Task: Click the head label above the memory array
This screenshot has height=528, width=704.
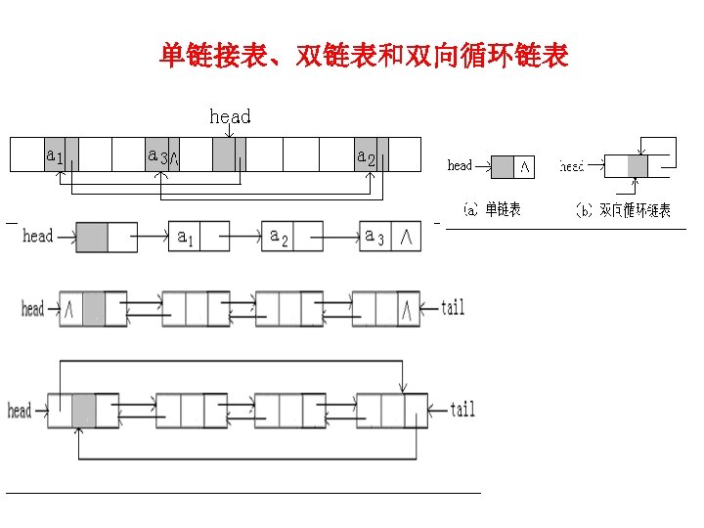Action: click(x=230, y=116)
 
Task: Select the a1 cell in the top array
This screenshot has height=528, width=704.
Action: click(x=56, y=154)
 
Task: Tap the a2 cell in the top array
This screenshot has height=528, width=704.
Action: click(x=367, y=154)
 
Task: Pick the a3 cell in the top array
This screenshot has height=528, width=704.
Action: click(x=157, y=154)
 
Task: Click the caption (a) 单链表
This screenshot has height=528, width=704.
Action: click(x=492, y=209)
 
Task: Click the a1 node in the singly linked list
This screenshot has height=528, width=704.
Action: click(x=186, y=237)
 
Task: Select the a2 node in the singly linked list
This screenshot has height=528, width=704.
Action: click(x=280, y=237)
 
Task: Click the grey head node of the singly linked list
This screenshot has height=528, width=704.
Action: click(x=92, y=237)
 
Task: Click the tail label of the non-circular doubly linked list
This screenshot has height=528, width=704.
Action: click(x=453, y=308)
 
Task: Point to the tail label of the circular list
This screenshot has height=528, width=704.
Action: click(x=462, y=409)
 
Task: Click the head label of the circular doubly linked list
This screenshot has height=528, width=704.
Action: click(x=20, y=410)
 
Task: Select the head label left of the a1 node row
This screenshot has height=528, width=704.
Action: click(x=37, y=236)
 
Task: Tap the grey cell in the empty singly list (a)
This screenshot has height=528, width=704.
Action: click(x=502, y=167)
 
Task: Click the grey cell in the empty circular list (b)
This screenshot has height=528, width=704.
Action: click(x=638, y=166)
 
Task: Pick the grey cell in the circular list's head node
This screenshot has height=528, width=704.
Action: click(x=83, y=410)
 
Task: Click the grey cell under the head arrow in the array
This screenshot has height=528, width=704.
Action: click(x=224, y=154)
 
